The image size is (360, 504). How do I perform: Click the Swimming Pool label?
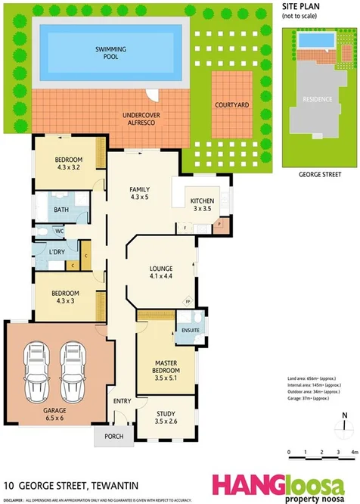coord(110,52)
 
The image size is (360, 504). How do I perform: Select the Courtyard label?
coord(229,105)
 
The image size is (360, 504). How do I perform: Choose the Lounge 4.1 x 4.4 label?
coord(161,272)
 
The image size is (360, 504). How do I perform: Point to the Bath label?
coord(61,210)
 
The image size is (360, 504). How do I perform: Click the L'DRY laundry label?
coord(56,251)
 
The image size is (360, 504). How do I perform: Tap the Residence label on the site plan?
coord(317,100)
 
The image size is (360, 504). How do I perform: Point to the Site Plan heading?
coord(301,6)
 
